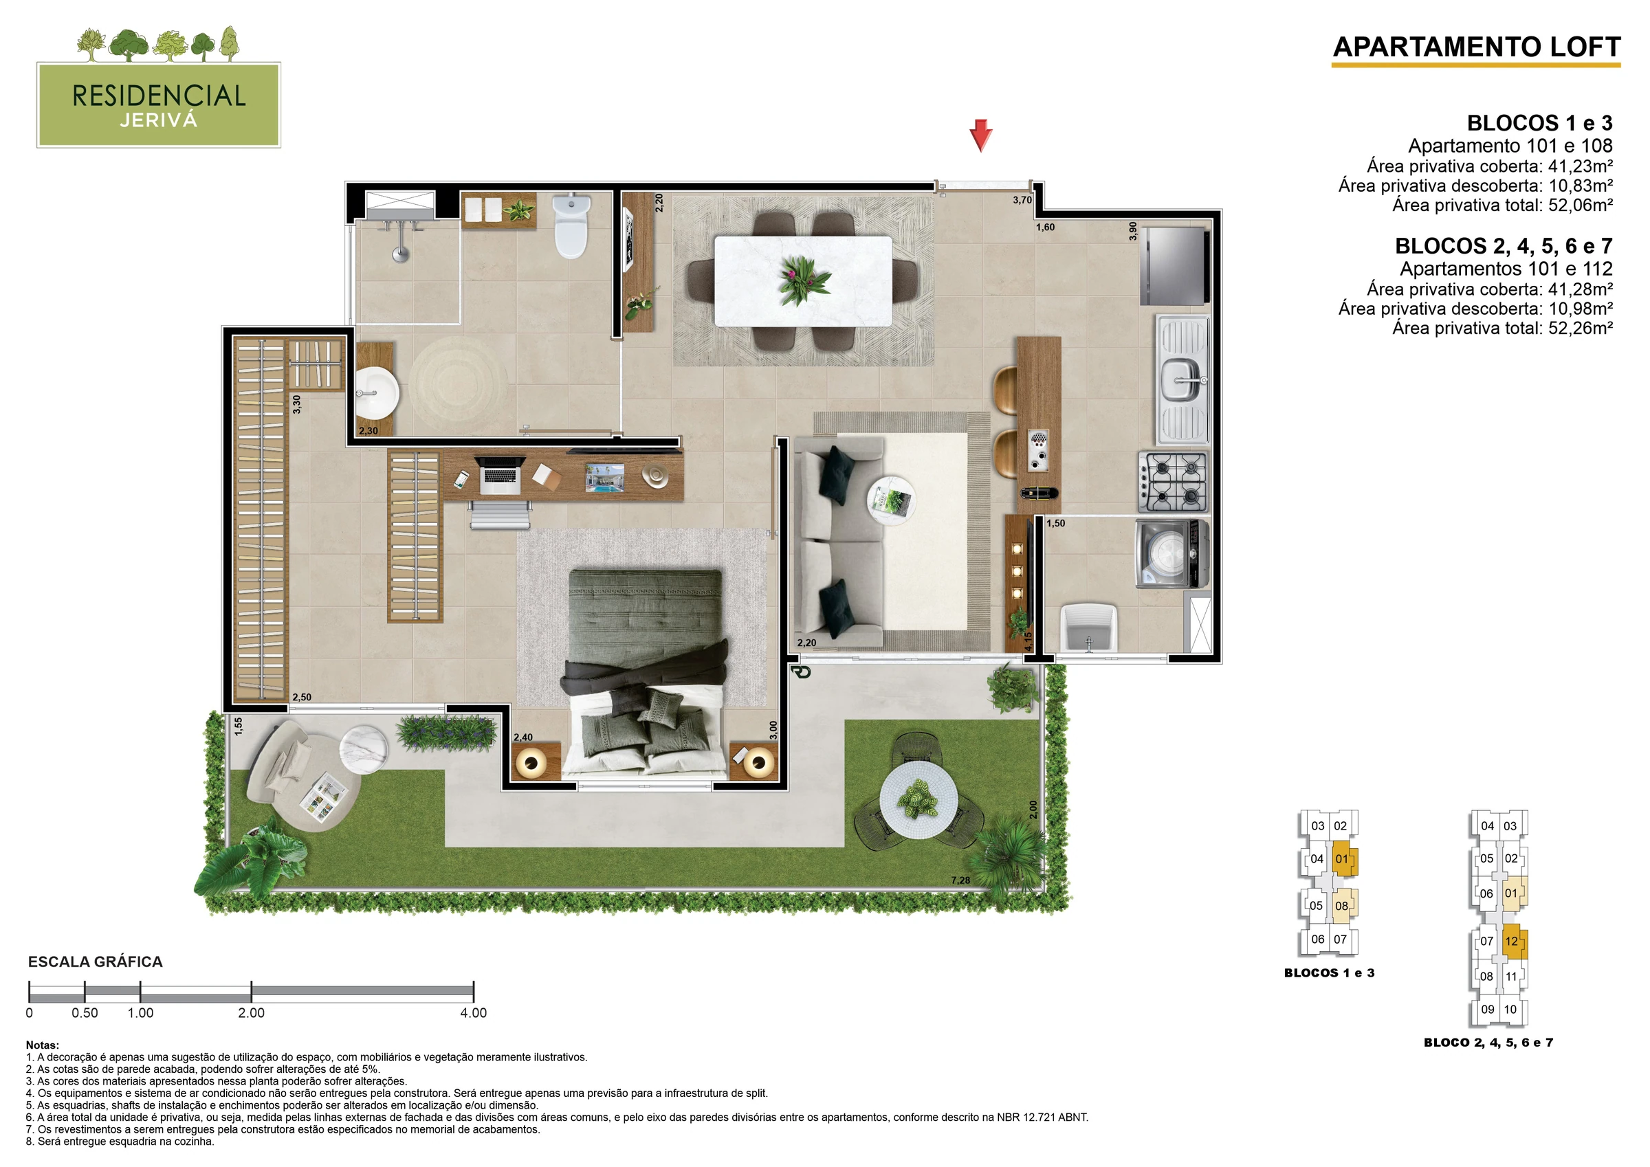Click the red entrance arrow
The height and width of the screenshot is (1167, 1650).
[981, 136]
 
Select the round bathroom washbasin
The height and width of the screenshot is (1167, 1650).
[377, 393]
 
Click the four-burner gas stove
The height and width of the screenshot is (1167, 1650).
[1173, 480]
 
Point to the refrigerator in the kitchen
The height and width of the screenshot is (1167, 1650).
[1174, 266]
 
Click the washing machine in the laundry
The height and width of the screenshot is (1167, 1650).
[1173, 554]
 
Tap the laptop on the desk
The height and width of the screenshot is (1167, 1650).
[498, 475]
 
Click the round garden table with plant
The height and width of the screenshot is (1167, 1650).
[918, 799]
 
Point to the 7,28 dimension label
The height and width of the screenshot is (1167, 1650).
[960, 880]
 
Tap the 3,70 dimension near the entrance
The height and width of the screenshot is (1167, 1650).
[1022, 200]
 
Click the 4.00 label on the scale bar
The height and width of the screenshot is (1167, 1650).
[474, 1013]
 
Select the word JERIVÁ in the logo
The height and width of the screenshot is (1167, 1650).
[159, 120]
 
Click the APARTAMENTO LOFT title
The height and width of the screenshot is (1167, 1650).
[1477, 47]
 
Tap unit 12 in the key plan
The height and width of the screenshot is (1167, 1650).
[1511, 942]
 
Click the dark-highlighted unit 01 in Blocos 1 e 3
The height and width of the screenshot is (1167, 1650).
[1343, 859]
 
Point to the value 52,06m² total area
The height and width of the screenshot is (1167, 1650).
[1581, 205]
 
